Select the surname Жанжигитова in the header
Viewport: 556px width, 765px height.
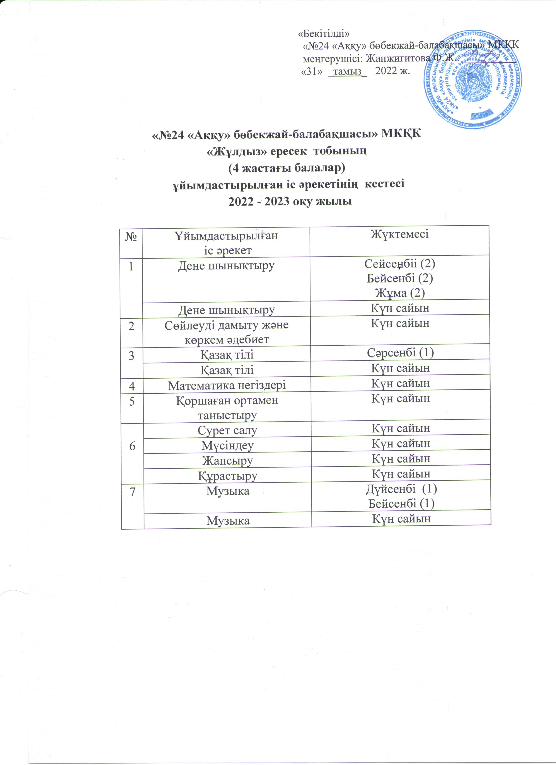pos(398,59)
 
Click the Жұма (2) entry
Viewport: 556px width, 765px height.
pos(400,293)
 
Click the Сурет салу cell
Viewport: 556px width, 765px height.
pos(227,430)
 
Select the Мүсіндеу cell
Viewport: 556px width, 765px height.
pos(227,445)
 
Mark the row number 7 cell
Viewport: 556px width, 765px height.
pos(133,492)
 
